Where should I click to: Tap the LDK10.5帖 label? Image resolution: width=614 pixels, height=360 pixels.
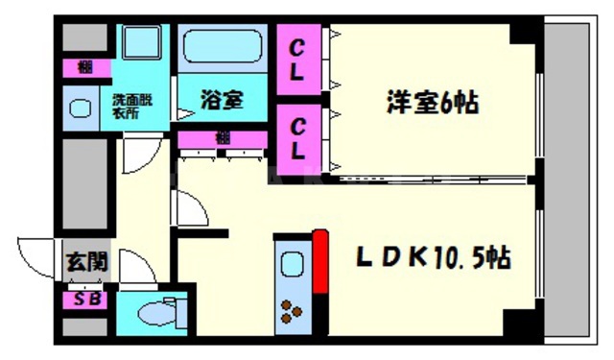tap(434, 257)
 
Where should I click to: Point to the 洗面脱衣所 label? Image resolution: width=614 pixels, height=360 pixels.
tap(132, 105)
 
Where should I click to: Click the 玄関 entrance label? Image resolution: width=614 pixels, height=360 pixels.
tap(85, 261)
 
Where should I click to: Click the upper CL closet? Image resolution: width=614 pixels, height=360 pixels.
tap(299, 59)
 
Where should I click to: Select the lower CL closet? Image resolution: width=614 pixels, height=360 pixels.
tap(299, 136)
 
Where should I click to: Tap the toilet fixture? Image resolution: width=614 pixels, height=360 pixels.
tap(157, 312)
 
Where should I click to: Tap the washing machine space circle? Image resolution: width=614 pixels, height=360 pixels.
tap(80, 108)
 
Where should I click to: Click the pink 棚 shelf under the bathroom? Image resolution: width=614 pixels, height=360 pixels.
tap(223, 138)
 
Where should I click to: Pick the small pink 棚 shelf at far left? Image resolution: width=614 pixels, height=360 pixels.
tap(85, 67)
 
